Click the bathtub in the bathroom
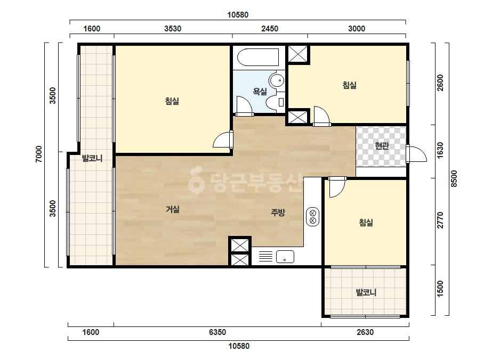point(258,57)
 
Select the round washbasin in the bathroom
point(277,80)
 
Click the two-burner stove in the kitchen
point(312,217)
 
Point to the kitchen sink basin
point(285,257)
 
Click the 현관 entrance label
point(382,146)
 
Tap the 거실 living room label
point(173,209)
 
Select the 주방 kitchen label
point(278,212)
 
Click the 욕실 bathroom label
point(260,91)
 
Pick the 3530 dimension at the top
point(173,29)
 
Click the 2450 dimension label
point(270,29)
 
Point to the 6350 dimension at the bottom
point(217,332)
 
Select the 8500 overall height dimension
point(454,179)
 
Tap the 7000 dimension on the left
point(38,154)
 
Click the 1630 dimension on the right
point(440,151)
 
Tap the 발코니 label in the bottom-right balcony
point(366,292)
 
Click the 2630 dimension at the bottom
point(365,332)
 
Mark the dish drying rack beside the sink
point(265,257)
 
